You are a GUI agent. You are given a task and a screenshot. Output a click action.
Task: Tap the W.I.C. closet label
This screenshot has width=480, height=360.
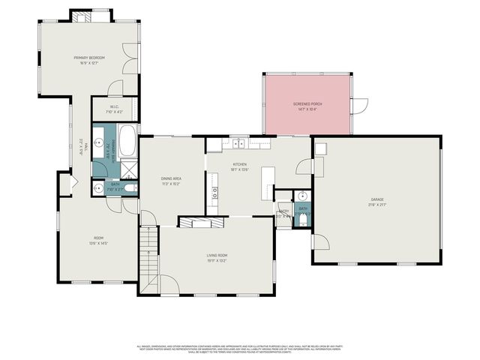click(x=115, y=109)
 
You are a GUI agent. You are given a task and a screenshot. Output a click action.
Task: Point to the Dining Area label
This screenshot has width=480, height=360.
click(x=171, y=181)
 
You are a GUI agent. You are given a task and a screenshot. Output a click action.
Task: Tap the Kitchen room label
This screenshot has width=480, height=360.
click(x=240, y=166)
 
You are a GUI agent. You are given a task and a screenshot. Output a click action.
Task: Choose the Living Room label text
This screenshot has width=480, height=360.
click(x=217, y=259)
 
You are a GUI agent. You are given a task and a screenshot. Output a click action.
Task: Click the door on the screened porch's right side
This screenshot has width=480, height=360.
click(x=361, y=106)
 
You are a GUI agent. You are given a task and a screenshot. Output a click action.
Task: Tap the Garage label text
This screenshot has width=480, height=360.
click(x=376, y=202)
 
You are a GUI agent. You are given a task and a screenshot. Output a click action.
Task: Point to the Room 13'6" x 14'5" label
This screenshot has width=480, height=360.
click(x=98, y=241)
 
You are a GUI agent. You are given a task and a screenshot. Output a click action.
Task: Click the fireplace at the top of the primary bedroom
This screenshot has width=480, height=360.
click(x=82, y=16)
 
